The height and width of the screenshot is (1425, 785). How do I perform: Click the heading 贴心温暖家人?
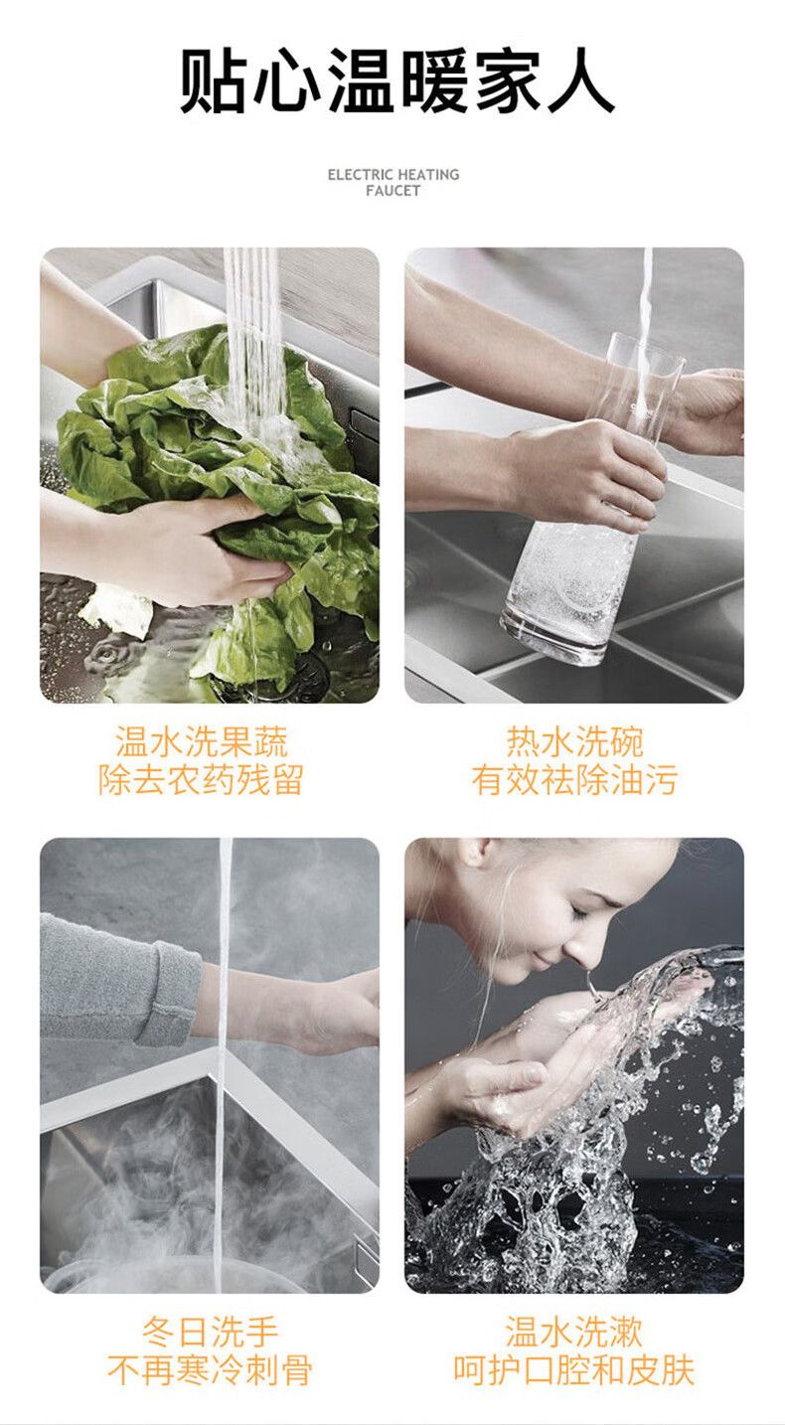(x=396, y=80)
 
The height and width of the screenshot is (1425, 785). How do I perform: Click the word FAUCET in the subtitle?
(x=393, y=191)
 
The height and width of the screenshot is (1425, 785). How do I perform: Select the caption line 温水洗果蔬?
(x=201, y=741)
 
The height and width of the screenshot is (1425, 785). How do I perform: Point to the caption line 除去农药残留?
(x=201, y=779)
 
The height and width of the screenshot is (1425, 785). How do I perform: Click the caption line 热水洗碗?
(x=574, y=741)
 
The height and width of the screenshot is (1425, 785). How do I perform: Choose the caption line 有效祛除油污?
(x=574, y=779)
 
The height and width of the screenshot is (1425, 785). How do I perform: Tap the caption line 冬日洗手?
(x=210, y=1332)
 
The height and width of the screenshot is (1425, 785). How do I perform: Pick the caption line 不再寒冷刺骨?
(x=210, y=1369)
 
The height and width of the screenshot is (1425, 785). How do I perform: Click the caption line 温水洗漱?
(x=573, y=1332)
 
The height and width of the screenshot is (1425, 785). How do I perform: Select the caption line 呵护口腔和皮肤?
(x=573, y=1369)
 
